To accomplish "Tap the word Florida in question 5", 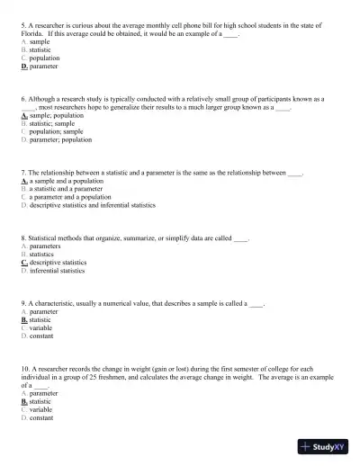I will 32,34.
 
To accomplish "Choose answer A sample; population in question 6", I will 52,116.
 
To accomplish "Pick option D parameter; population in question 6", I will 56,140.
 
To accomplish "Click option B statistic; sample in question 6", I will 52,124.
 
